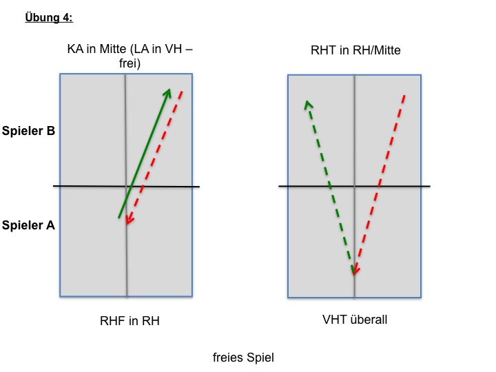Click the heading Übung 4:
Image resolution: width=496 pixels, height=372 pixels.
coord(49,17)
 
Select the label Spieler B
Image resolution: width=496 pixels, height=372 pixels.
coord(28,131)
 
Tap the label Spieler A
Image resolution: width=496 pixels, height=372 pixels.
coord(28,225)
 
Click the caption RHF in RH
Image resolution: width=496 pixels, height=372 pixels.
coord(130,321)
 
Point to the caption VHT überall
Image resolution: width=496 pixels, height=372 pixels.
coord(355,320)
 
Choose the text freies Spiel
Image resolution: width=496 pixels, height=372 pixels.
coord(243,358)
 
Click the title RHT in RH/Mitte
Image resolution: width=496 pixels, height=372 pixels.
coord(355,50)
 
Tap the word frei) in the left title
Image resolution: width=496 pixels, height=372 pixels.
coord(130,63)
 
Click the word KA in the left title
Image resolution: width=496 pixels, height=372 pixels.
coord(75,49)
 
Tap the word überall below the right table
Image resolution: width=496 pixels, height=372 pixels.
coord(369,320)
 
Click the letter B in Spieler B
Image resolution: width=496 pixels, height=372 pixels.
coord(51,131)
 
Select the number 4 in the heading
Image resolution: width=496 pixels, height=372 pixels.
coord(66,17)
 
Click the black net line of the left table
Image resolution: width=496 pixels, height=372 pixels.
coord(126,186)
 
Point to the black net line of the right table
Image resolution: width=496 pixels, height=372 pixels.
coord(354,186)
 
